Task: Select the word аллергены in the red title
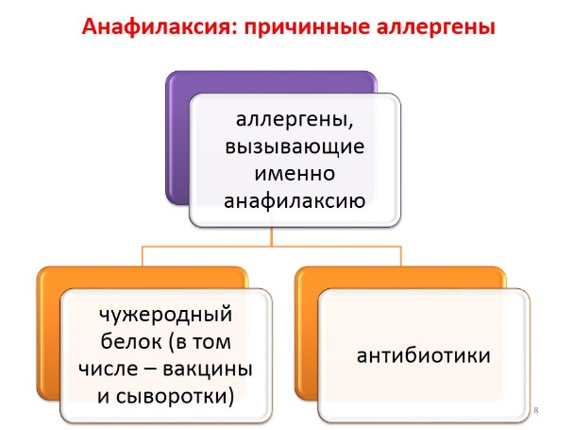435,27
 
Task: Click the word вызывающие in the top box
295,147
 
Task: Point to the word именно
295,174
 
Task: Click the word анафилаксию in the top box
295,201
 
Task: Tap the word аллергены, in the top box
295,120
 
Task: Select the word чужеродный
166,315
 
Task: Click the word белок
131,341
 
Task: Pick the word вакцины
207,370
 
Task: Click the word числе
109,369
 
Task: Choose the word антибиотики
423,355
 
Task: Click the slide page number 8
536,410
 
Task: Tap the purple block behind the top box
177,139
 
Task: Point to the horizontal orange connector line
272,247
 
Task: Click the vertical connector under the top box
272,236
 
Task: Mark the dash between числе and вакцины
150,370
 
